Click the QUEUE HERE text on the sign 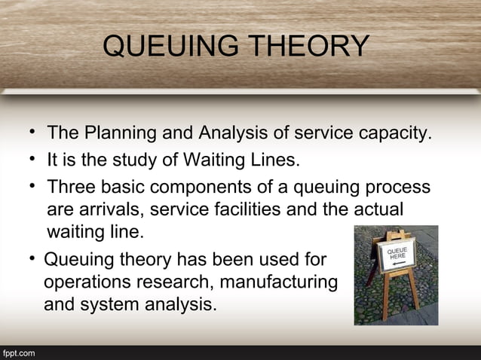click(x=399, y=254)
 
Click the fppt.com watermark click(x=17, y=352)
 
